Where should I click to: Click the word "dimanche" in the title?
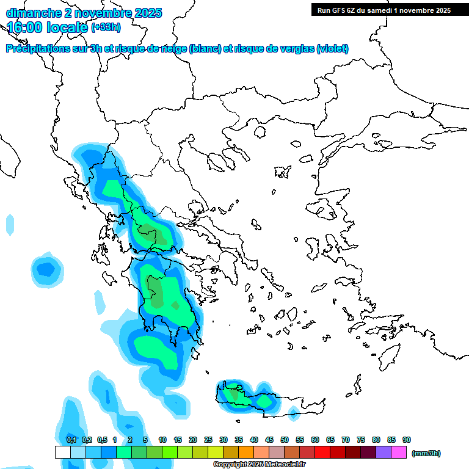[31, 13]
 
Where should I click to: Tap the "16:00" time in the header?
[24, 27]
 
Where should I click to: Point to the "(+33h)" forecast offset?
[106, 27]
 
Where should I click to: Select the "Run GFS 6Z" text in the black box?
[340, 10]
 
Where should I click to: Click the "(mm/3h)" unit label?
[426, 453]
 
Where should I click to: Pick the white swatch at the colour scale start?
[62, 452]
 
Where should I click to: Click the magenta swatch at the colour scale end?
[399, 452]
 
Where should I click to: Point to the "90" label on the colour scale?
[407, 440]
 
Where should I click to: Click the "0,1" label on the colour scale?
[71, 440]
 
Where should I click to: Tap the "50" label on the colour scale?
[285, 440]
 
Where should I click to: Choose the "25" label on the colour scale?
[208, 440]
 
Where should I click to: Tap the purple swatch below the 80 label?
[384, 452]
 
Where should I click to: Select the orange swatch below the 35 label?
[246, 452]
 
